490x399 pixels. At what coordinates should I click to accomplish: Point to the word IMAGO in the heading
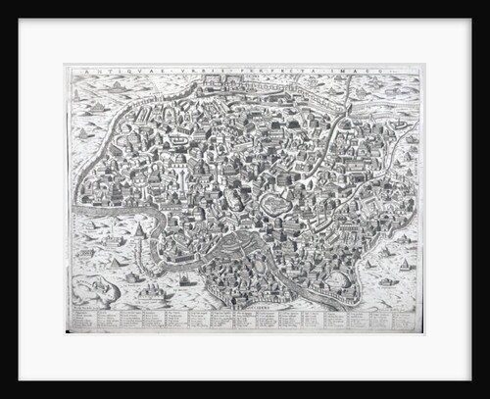click(327, 70)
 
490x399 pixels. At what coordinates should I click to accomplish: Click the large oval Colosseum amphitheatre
click(273, 204)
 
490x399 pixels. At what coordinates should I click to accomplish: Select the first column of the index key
click(84, 320)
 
